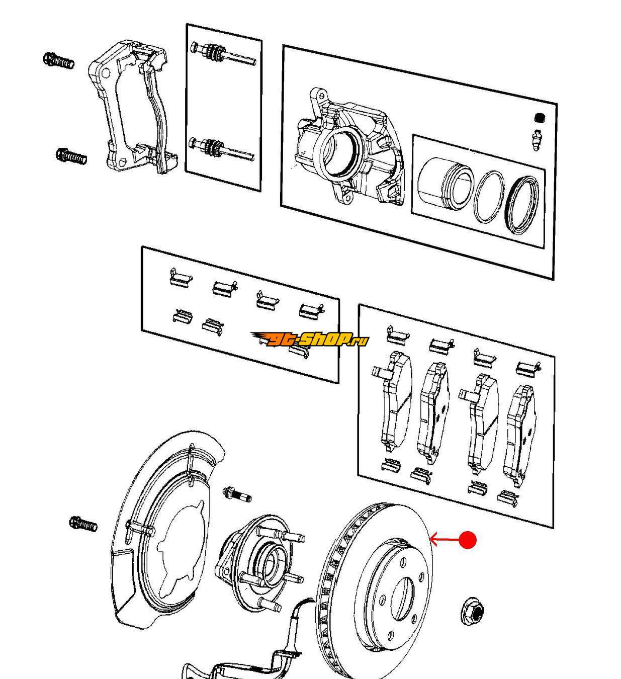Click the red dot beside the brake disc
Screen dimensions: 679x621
tap(468, 540)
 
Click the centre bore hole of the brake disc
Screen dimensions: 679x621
tap(402, 598)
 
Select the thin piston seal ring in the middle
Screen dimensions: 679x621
tap(488, 197)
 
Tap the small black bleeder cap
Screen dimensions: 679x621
tap(539, 118)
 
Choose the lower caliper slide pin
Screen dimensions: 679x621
tap(221, 147)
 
